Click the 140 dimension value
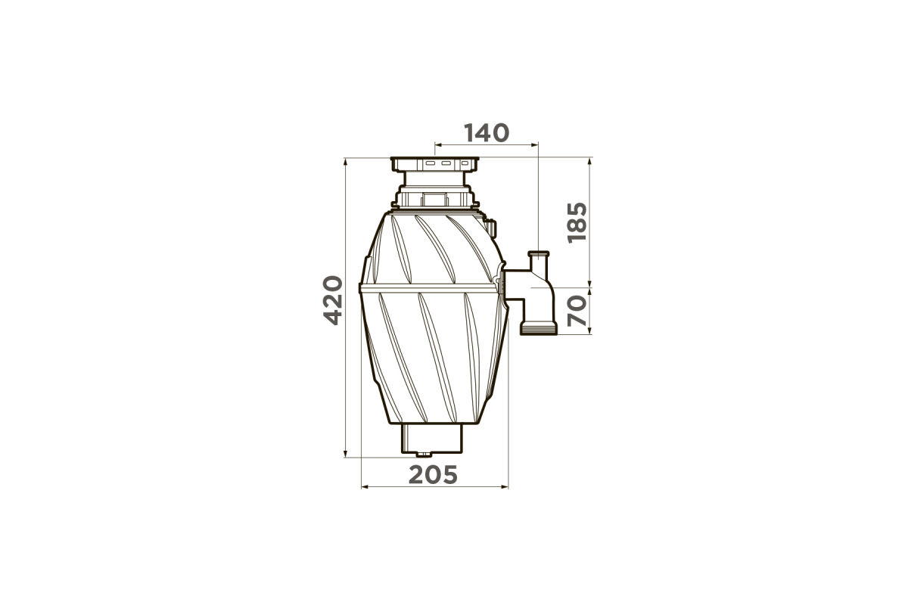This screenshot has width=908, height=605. tap(486, 133)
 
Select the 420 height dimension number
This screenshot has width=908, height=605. tap(334, 300)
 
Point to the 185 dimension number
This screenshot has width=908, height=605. tap(577, 222)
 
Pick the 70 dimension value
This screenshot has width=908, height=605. tap(577, 311)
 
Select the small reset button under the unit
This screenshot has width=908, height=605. tap(424, 455)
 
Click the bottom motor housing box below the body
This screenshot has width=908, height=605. tap(432, 439)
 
